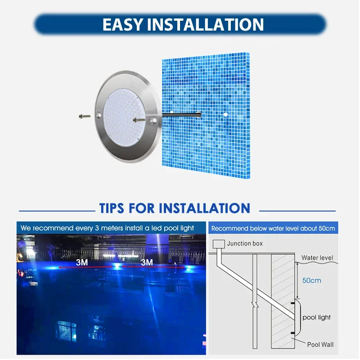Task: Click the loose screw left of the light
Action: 83,116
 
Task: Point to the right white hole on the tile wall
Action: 225,115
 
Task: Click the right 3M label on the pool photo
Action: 147,262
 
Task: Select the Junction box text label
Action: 245,243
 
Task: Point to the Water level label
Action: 317,258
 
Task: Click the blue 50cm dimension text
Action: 311,280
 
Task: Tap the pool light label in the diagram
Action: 316,317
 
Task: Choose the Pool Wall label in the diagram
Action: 319,345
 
